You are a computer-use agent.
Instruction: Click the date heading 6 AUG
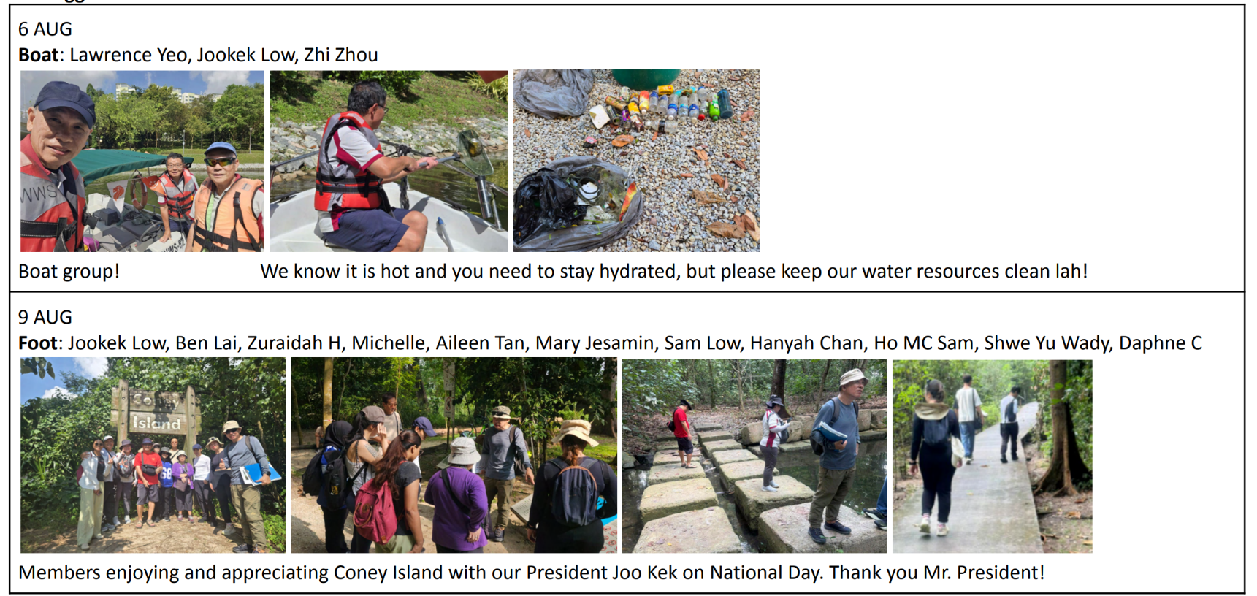[45, 29]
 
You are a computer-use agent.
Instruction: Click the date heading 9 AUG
[45, 317]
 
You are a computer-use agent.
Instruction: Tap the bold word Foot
[38, 343]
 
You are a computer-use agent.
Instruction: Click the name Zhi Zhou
[341, 55]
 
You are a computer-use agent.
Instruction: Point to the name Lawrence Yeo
[129, 55]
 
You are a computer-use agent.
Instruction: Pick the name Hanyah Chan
[806, 343]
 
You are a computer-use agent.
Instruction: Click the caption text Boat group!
[69, 271]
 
